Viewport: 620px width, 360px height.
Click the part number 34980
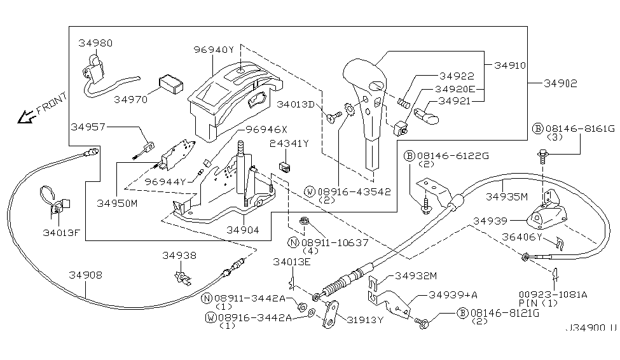[95, 43]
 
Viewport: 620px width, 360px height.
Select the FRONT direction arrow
[26, 116]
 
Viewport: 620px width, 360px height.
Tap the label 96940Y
[214, 50]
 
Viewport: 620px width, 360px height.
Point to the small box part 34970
[171, 83]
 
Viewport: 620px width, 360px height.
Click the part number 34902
[560, 83]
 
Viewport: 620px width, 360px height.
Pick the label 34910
[510, 66]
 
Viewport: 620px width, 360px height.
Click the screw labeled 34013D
[334, 116]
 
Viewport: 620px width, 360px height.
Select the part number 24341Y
[289, 144]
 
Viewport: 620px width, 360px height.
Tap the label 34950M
[117, 204]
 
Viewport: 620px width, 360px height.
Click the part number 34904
[243, 230]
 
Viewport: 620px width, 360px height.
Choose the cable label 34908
[85, 275]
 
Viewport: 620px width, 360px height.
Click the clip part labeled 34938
[183, 277]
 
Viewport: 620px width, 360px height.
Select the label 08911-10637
[334, 242]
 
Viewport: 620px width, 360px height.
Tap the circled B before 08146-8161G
[538, 128]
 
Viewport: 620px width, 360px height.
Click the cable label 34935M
[507, 197]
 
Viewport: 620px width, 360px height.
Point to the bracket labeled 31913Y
[331, 314]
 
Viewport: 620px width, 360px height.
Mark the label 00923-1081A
[553, 294]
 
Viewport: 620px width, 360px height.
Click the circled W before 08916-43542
[309, 192]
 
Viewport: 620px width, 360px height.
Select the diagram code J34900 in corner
[591, 328]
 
